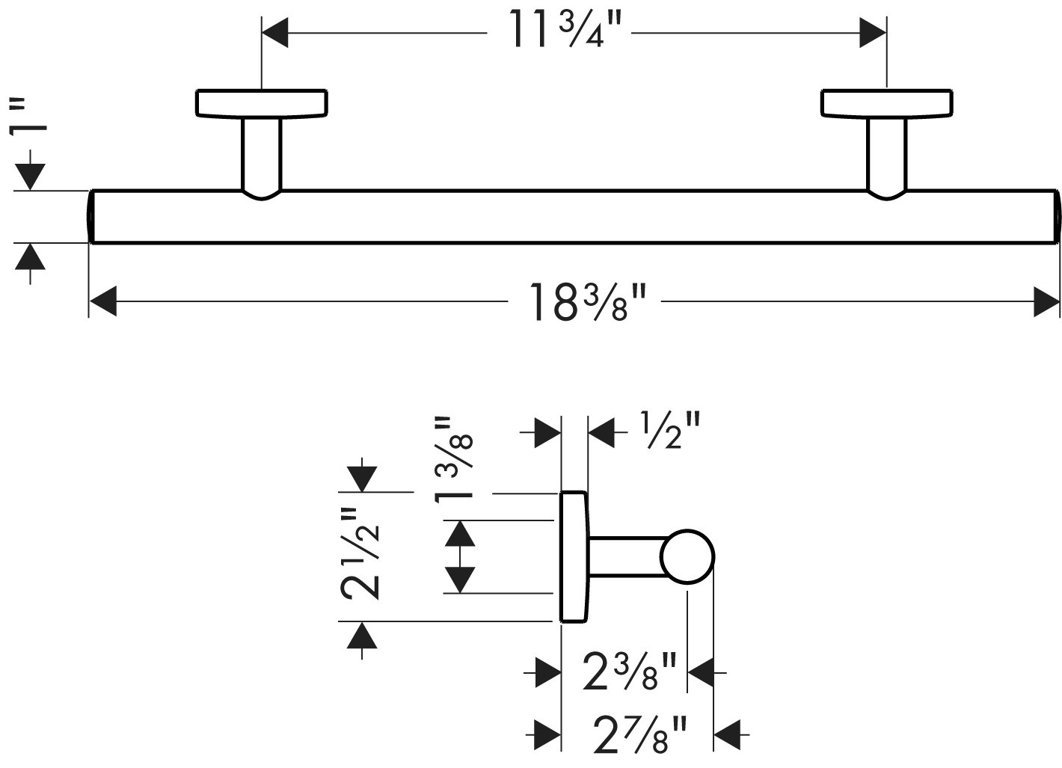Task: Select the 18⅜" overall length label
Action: pyautogui.click(x=588, y=301)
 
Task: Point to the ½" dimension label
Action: pyautogui.click(x=669, y=431)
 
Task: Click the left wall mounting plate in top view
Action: pyautogui.click(x=262, y=103)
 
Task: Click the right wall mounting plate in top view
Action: pyautogui.click(x=886, y=103)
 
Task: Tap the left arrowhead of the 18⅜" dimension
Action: pyautogui.click(x=103, y=301)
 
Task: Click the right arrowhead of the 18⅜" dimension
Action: pyautogui.click(x=1046, y=301)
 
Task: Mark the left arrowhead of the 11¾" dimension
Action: pyautogui.click(x=275, y=33)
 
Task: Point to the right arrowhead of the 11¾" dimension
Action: pyautogui.click(x=873, y=33)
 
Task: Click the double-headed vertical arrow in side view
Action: pyautogui.click(x=459, y=556)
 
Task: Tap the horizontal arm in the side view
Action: pyautogui.click(x=627, y=557)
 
